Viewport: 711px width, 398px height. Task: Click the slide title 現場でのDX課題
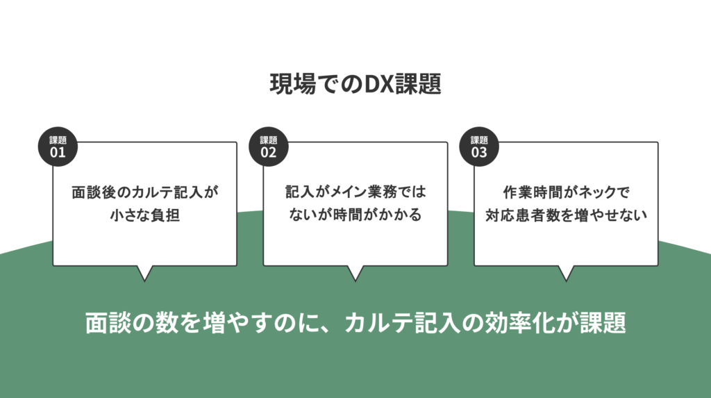[355, 83]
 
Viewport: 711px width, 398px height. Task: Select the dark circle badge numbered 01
[58, 147]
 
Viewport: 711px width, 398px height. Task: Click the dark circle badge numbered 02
[269, 147]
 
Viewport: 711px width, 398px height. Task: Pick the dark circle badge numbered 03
[479, 147]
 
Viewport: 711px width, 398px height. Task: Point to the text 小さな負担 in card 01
[145, 215]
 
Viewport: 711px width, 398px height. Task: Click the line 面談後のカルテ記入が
[145, 192]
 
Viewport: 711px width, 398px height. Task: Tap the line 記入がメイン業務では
[355, 192]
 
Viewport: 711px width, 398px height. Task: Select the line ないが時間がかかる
[355, 214]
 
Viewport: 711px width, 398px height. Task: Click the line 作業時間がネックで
[567, 192]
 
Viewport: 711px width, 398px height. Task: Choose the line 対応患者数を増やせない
[567, 215]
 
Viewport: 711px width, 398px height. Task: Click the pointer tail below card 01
[144, 273]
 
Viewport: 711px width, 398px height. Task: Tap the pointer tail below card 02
[355, 273]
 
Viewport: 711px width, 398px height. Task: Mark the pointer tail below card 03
[566, 273]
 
